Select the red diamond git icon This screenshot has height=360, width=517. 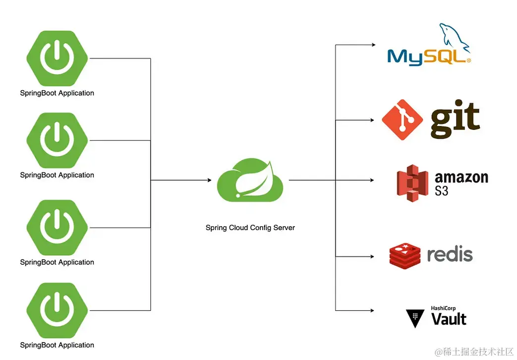point(402,120)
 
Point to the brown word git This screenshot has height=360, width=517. point(455,120)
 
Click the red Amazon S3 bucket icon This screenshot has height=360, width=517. point(412,183)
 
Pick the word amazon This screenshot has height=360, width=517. point(461,178)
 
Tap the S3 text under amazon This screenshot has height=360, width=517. point(442,190)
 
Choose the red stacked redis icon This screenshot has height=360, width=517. point(404,256)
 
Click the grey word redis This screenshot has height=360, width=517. point(450,255)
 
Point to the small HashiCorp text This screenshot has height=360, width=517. point(443,308)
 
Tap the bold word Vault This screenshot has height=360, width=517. point(449,319)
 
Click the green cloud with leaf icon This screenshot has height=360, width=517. point(250,180)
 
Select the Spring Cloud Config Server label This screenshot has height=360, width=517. point(250,228)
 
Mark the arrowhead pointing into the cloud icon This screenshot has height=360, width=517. point(209,180)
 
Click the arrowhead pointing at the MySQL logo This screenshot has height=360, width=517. point(373,45)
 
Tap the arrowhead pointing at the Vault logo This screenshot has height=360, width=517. point(373,310)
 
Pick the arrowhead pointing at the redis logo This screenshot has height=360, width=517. point(373,256)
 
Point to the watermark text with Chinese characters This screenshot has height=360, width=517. point(474,352)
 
